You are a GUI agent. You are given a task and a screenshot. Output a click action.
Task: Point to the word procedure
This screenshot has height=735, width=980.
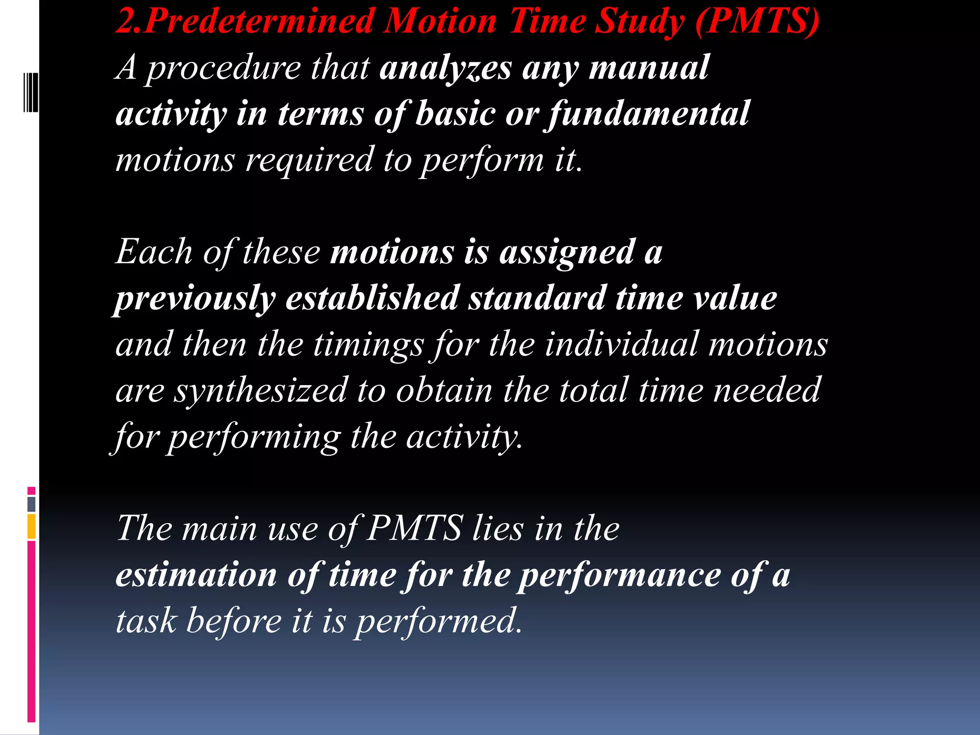click(x=223, y=68)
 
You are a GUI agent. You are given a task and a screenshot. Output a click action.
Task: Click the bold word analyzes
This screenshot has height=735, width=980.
click(x=445, y=68)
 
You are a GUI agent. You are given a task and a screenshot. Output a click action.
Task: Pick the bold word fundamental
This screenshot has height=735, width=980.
click(x=649, y=114)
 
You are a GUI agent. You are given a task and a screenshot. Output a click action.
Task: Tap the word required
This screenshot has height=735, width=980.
click(x=309, y=160)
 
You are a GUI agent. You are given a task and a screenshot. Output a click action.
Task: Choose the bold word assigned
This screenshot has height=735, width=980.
click(x=567, y=252)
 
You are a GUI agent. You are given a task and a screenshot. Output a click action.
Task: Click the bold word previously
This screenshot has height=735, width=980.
click(x=196, y=299)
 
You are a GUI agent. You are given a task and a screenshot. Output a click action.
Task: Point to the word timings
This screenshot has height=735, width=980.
click(x=368, y=345)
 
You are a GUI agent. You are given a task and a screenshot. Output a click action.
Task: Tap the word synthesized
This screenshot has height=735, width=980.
click(x=260, y=390)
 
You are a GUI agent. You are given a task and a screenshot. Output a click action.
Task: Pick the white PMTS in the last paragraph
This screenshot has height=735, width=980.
click(x=414, y=528)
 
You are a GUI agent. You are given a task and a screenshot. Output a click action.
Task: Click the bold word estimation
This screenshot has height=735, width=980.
click(x=197, y=575)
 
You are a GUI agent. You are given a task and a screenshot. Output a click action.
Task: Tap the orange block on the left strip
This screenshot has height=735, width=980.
click(x=32, y=526)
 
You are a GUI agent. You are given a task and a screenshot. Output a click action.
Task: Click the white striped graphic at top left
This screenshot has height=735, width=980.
click(x=31, y=92)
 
